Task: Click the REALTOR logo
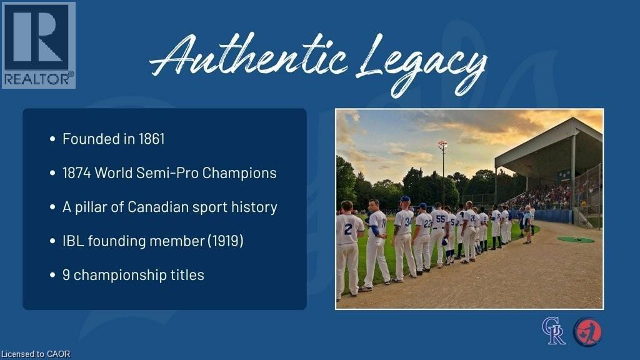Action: [x=38, y=45]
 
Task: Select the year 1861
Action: [x=151, y=139]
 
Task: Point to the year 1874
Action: [x=76, y=172]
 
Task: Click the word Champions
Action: [x=239, y=173]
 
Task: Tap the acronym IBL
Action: [x=73, y=241]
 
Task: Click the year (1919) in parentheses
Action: [x=225, y=241]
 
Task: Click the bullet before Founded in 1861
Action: [x=52, y=139]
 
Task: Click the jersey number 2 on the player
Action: [x=348, y=229]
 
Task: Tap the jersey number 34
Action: [x=408, y=222]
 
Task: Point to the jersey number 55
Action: [x=441, y=219]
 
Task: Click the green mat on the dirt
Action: [x=576, y=239]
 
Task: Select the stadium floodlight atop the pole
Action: [x=442, y=144]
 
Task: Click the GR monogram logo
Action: [x=554, y=331]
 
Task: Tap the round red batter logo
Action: [x=587, y=332]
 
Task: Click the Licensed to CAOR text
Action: [x=36, y=354]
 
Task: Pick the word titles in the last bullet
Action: [x=187, y=275]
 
